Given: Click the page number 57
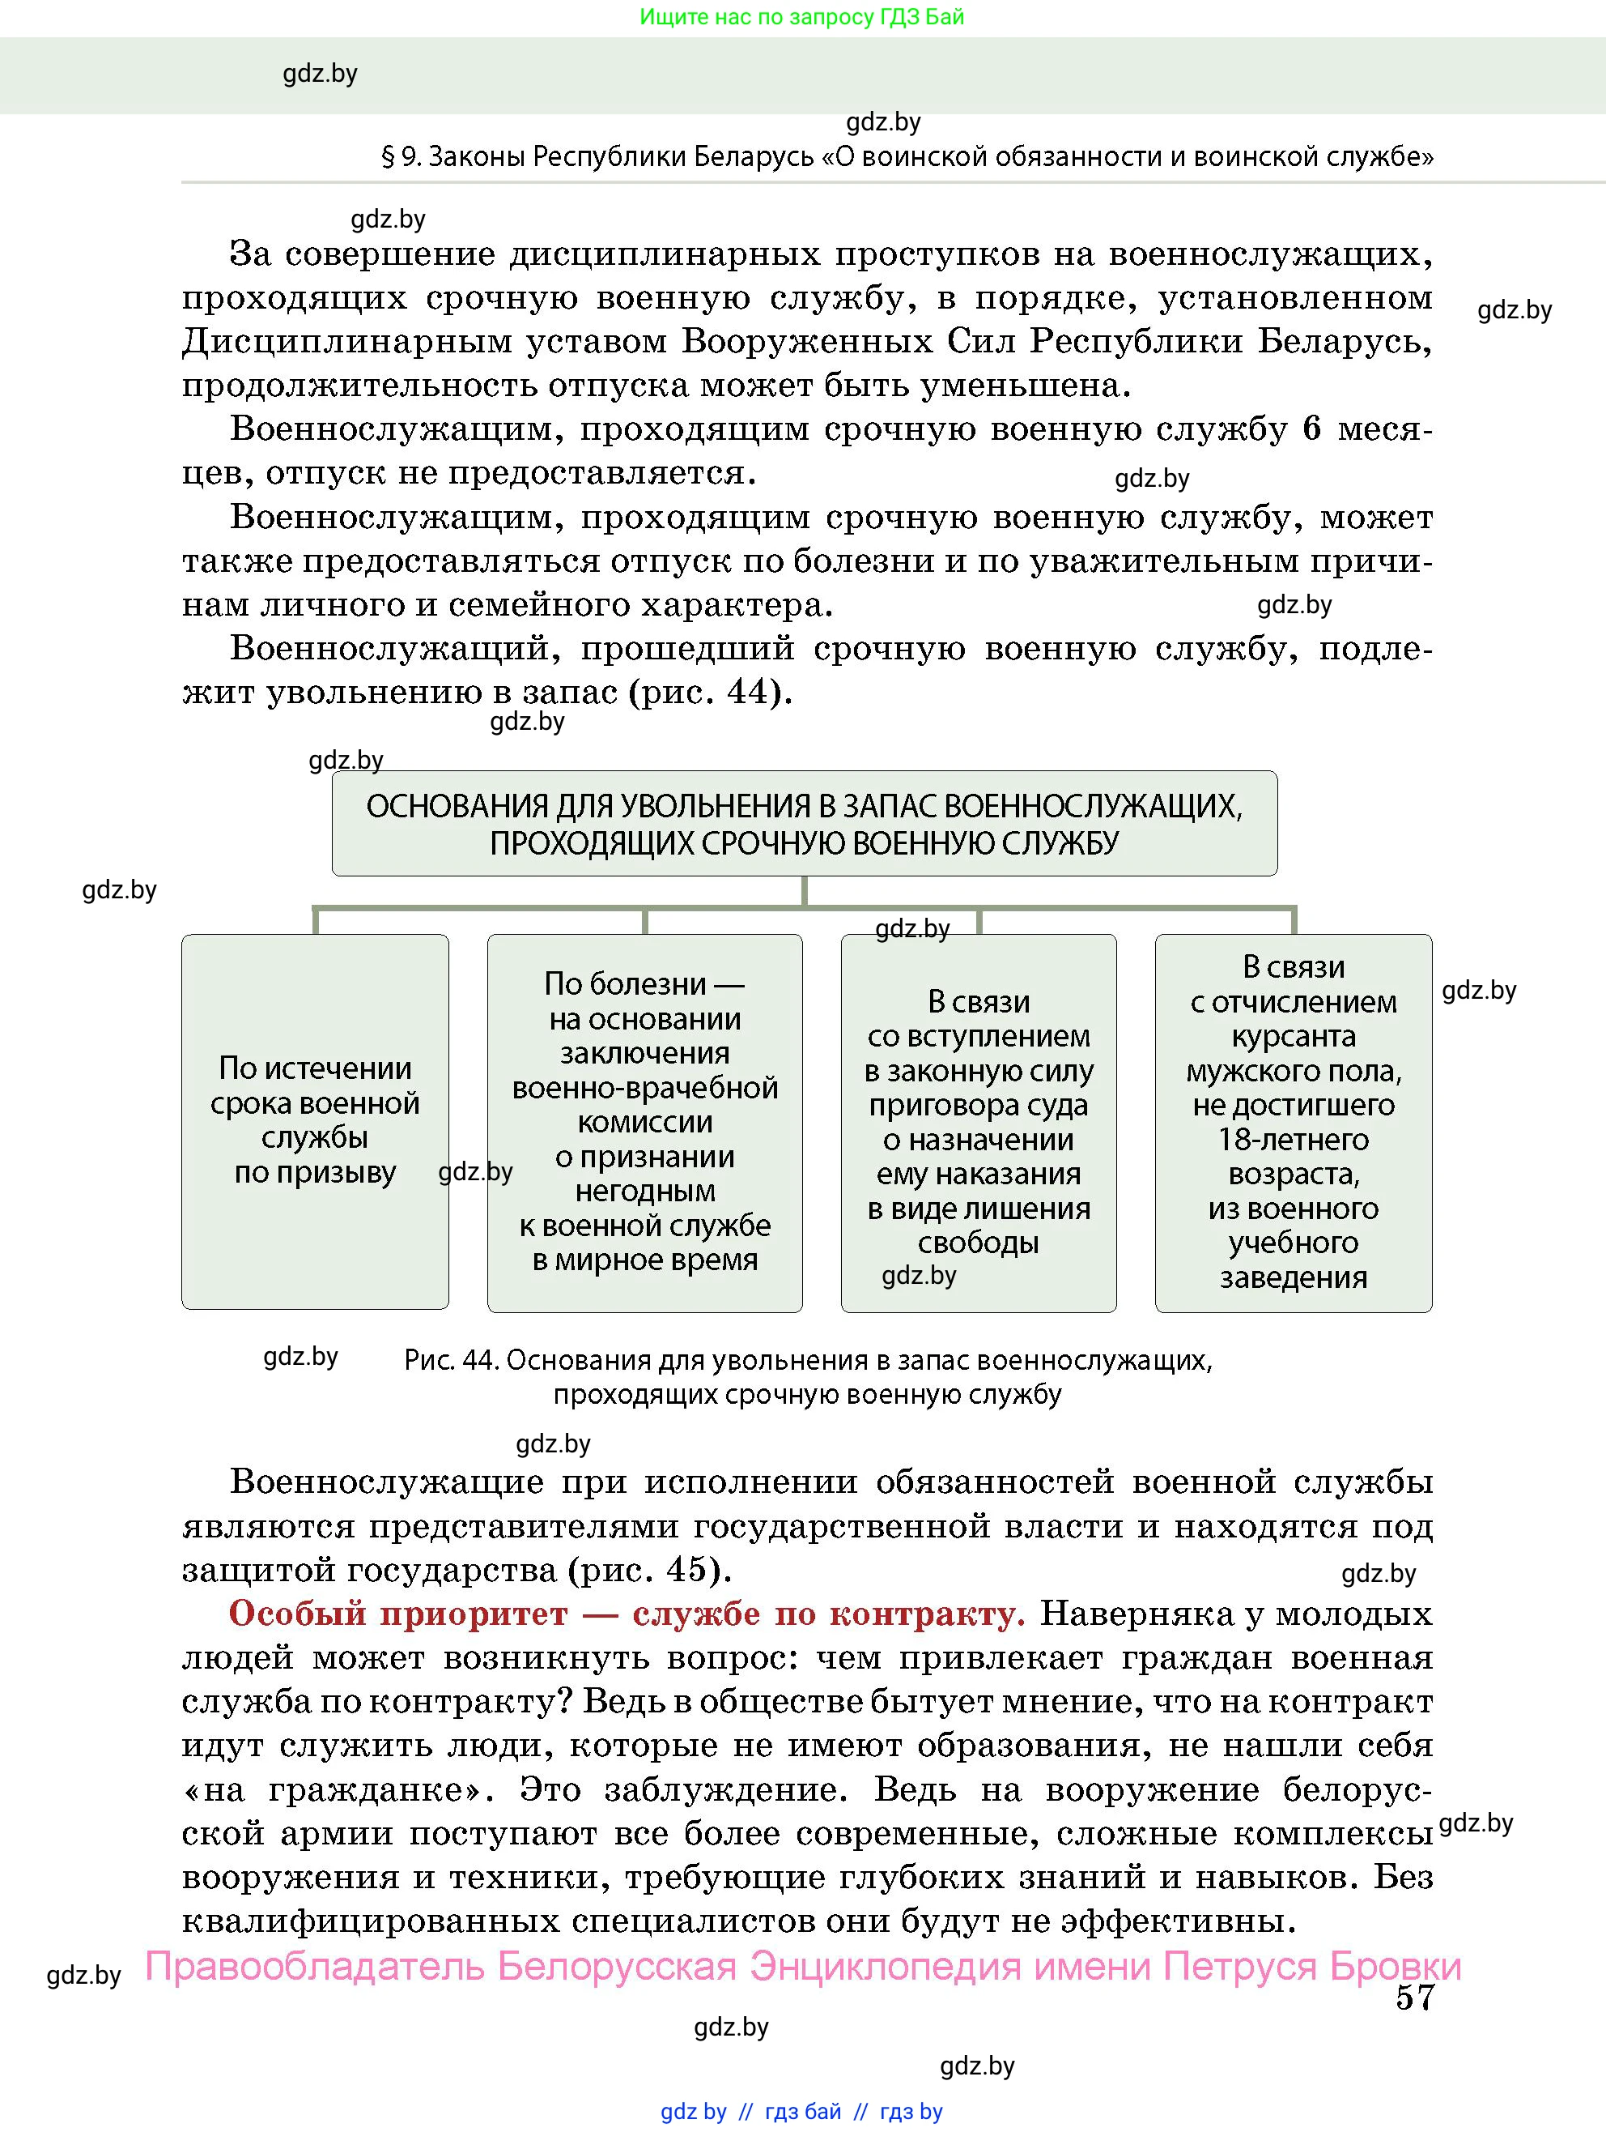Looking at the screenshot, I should tap(1414, 1996).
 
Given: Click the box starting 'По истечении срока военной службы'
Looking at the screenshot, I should tap(315, 1120).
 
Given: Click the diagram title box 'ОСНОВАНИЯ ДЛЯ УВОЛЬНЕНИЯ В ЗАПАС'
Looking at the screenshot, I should tap(805, 824).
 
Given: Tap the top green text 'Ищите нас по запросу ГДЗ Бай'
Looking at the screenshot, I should tap(801, 16).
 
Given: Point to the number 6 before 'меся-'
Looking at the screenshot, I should tap(1312, 429).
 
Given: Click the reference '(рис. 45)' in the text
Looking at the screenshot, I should tap(650, 1570).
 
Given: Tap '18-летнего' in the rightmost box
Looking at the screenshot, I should tap(1293, 1139).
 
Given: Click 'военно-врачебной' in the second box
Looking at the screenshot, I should tap(644, 1087).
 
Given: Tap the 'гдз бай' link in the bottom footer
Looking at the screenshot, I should tap(802, 2111).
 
